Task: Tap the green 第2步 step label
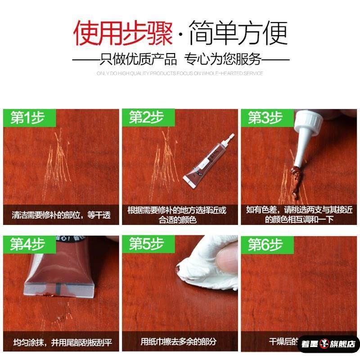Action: tap(146, 118)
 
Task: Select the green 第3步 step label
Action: tap(265, 118)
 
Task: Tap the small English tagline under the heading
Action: tap(180, 73)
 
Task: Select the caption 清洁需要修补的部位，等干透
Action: tap(61, 215)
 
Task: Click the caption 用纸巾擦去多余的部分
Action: tap(179, 342)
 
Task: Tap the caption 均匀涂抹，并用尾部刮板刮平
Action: tap(61, 342)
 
